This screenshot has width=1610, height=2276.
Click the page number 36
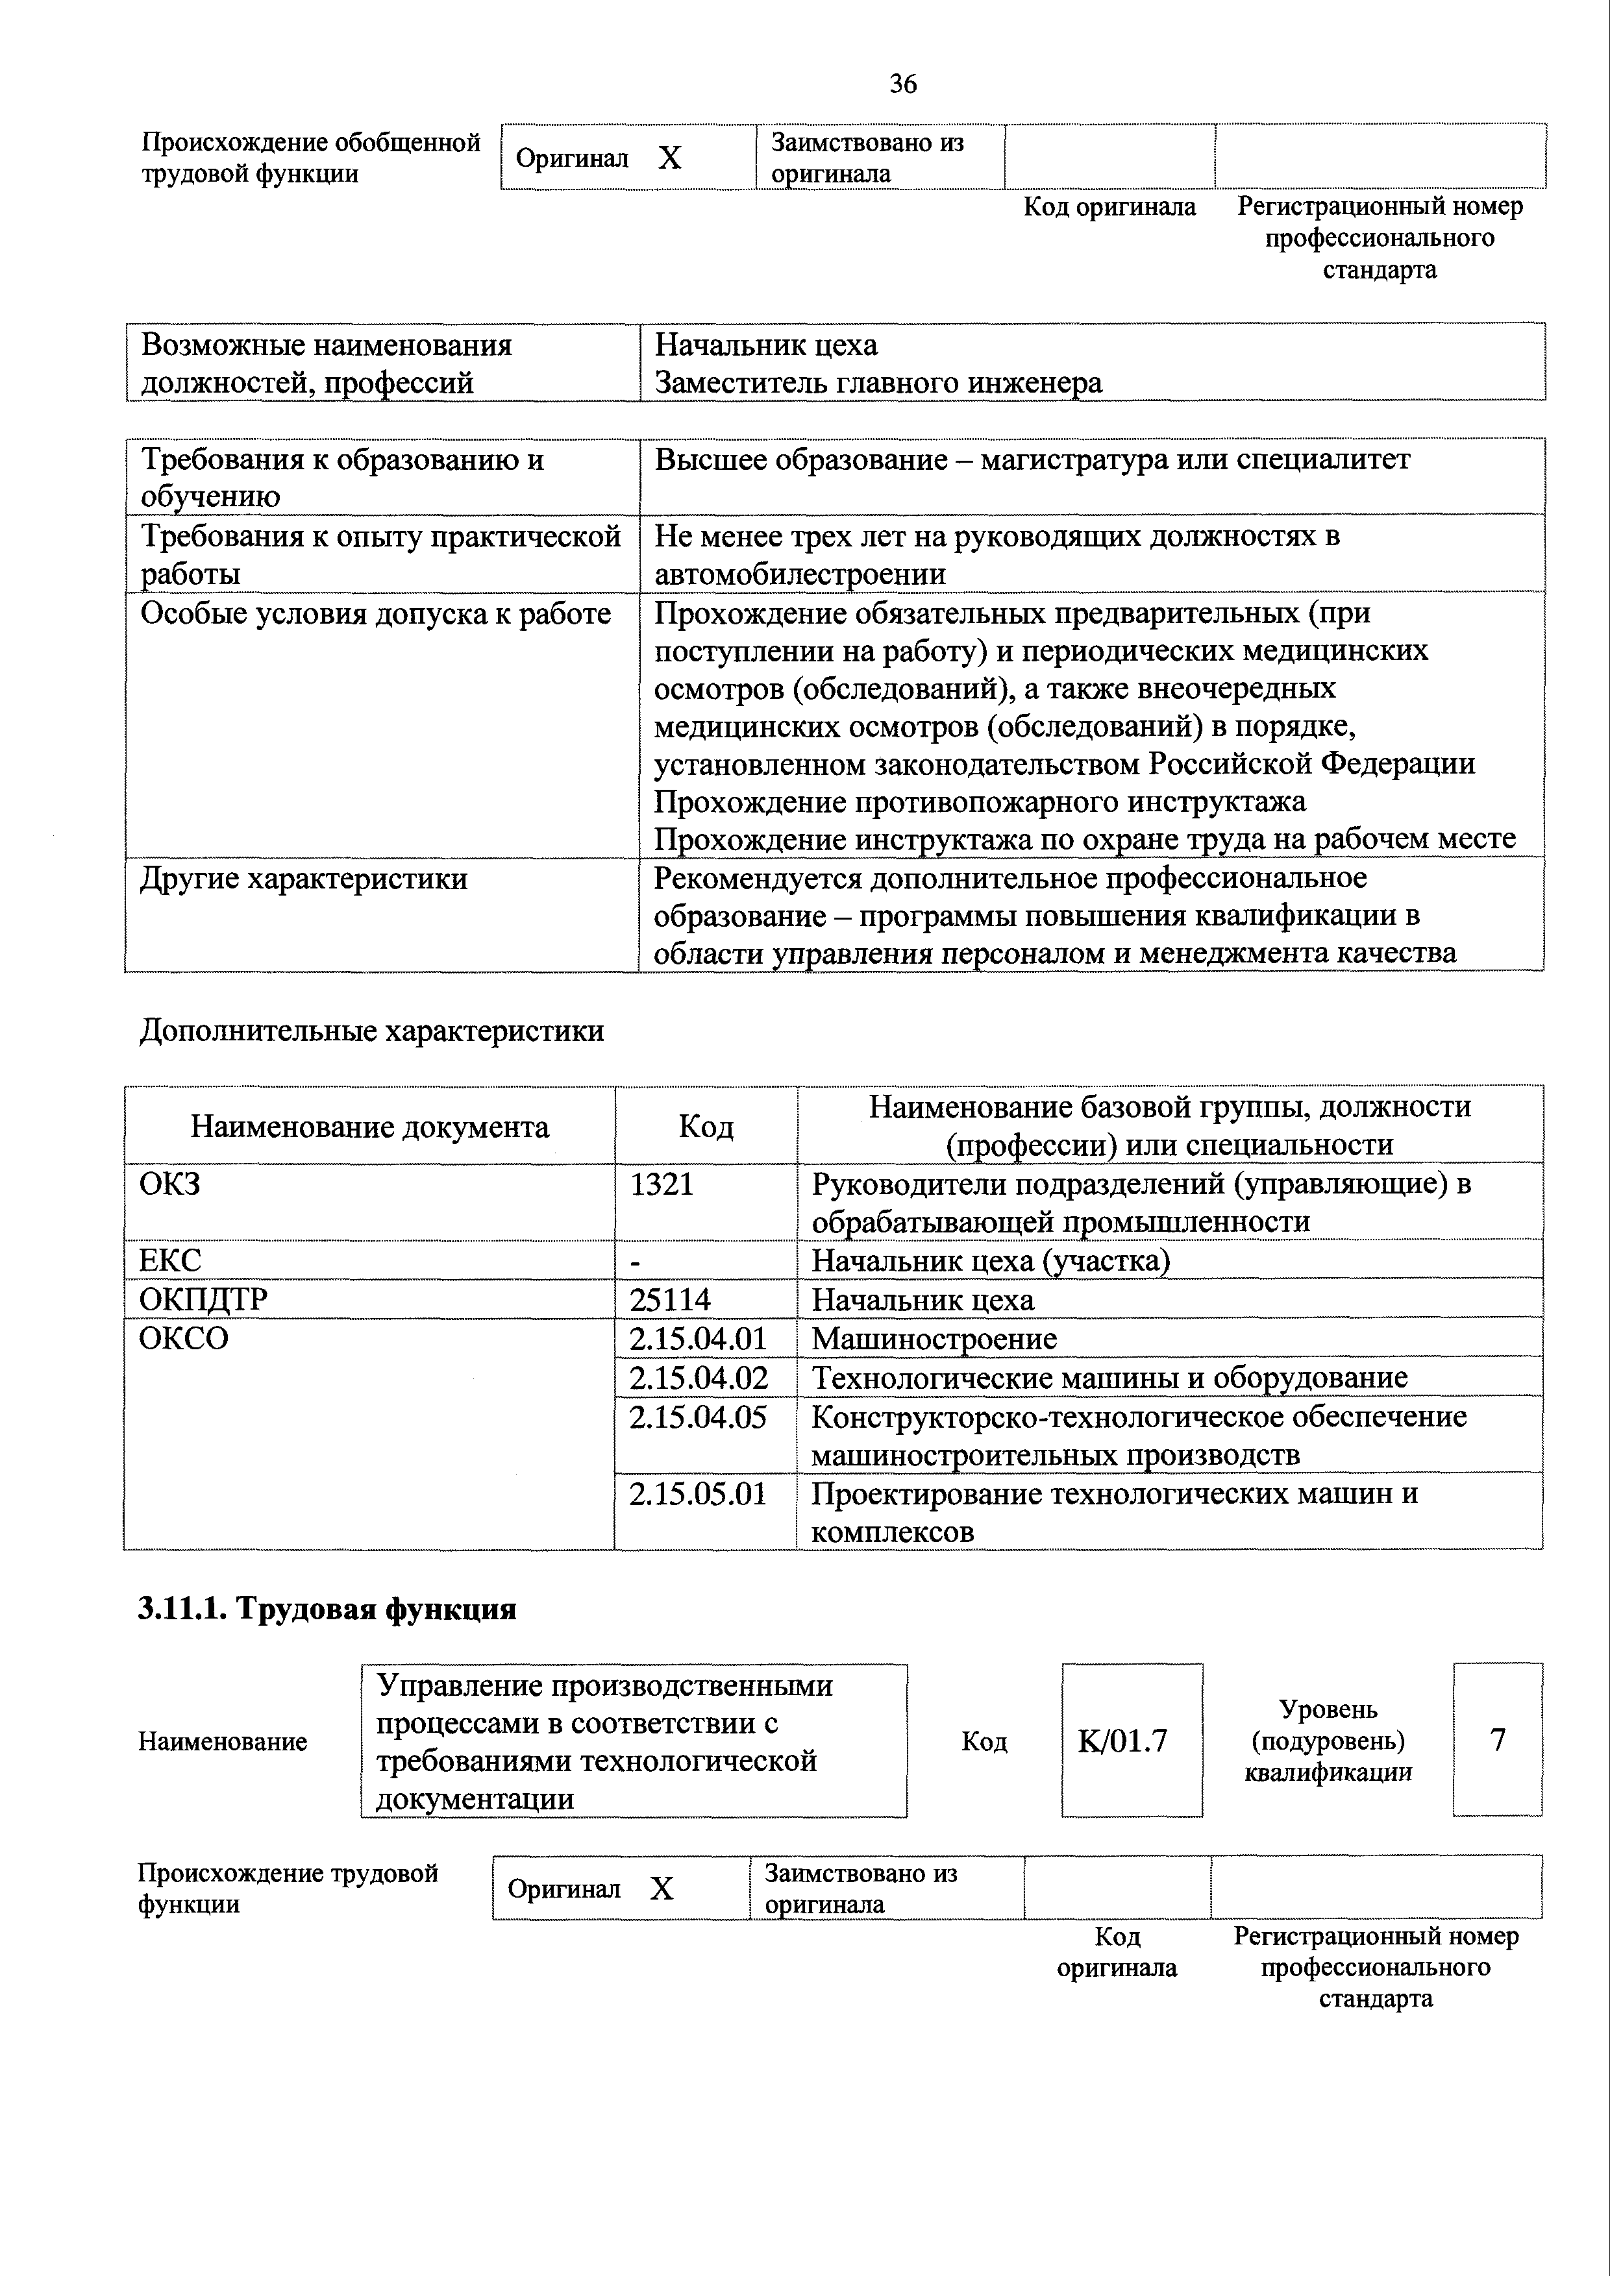tap(903, 84)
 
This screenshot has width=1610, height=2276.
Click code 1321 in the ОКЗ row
tap(662, 1184)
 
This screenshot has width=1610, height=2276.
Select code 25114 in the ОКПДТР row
tap(670, 1299)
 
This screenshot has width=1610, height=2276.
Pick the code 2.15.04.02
tap(698, 1378)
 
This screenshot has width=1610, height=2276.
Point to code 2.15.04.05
tap(698, 1417)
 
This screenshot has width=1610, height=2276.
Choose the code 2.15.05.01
tap(698, 1494)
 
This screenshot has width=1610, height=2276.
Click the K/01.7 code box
tap(1131, 1741)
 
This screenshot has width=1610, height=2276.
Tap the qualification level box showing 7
tap(1497, 1740)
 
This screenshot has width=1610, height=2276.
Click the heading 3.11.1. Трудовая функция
tap(327, 1609)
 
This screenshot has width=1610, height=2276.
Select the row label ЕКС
tap(171, 1261)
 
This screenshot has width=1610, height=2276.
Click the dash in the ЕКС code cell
tap(636, 1262)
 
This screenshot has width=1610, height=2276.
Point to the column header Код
tap(706, 1127)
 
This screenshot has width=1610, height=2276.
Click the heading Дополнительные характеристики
tap(372, 1031)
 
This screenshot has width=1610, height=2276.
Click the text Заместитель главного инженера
tap(878, 383)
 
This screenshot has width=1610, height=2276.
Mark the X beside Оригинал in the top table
tap(670, 158)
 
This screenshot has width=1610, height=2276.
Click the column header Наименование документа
tap(370, 1127)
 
